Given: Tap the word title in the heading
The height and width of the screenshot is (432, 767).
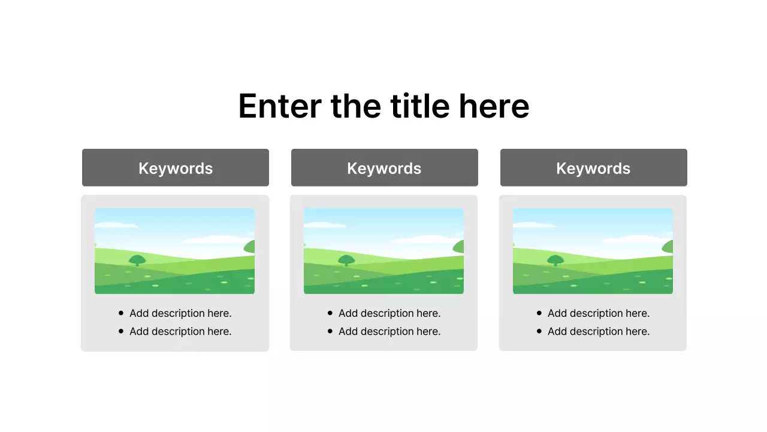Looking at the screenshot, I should pyautogui.click(x=419, y=106).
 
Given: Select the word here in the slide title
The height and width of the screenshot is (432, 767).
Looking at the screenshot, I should pyautogui.click(x=494, y=106).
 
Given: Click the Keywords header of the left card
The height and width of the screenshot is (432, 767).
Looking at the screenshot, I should pyautogui.click(x=176, y=168).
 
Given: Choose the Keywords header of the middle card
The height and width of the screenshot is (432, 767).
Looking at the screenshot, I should pyautogui.click(x=384, y=168).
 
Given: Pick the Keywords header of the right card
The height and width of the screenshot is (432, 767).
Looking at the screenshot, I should pyautogui.click(x=593, y=168).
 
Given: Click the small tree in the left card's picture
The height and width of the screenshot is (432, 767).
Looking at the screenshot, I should pyautogui.click(x=137, y=260).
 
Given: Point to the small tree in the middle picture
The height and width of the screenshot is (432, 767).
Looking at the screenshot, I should pyautogui.click(x=346, y=260).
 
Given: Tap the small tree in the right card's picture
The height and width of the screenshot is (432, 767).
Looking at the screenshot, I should pyautogui.click(x=555, y=260).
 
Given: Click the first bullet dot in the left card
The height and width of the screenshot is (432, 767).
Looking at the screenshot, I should pyautogui.click(x=121, y=313).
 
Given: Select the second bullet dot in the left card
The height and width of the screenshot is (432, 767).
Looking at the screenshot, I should pyautogui.click(x=121, y=331).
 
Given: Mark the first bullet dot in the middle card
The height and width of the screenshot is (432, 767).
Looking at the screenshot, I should pyautogui.click(x=330, y=313).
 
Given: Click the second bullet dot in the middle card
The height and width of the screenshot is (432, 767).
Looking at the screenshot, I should pyautogui.click(x=330, y=331).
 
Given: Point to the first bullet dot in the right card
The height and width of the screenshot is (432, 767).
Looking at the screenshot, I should pyautogui.click(x=539, y=313).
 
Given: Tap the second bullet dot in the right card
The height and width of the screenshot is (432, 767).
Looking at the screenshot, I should pyautogui.click(x=539, y=331).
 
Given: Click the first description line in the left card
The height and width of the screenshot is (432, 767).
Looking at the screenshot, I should pyautogui.click(x=180, y=313).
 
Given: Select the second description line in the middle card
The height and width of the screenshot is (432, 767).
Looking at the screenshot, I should pyautogui.click(x=389, y=331).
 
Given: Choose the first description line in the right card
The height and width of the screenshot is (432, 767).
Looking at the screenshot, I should pyautogui.click(x=599, y=313).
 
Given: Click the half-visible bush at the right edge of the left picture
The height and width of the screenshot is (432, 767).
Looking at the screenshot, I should pyautogui.click(x=250, y=247).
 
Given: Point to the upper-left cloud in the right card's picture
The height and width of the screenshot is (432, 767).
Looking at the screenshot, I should pyautogui.click(x=533, y=225).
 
